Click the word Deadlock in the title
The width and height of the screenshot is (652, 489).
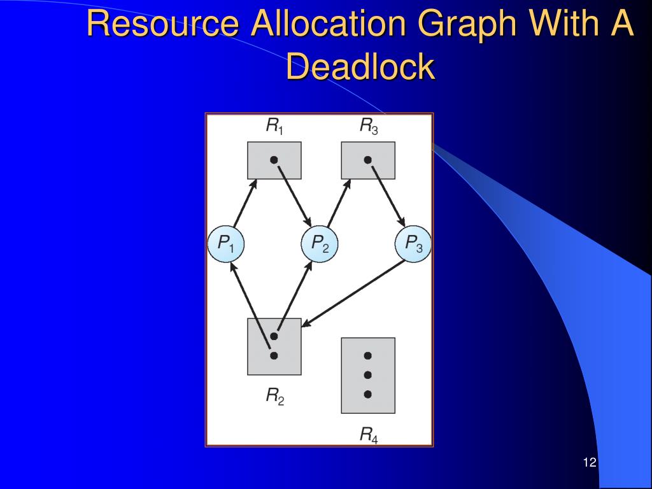pyautogui.click(x=360, y=66)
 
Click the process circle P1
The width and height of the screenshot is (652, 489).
pyautogui.click(x=225, y=243)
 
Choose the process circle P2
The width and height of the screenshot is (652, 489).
pyautogui.click(x=319, y=243)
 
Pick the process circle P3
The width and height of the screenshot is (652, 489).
pyautogui.click(x=413, y=243)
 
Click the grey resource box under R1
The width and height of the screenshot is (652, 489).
pyautogui.click(x=274, y=160)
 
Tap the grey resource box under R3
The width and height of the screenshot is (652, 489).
pyautogui.click(x=367, y=160)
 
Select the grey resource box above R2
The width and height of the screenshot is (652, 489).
pyautogui.click(x=274, y=346)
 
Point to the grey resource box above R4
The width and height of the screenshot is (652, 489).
pyautogui.click(x=367, y=375)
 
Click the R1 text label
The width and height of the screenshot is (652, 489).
pyautogui.click(x=274, y=127)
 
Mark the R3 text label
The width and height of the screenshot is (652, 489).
pyautogui.click(x=368, y=127)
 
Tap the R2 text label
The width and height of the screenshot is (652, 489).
pyautogui.click(x=274, y=397)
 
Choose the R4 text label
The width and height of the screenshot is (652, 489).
pyautogui.click(x=368, y=436)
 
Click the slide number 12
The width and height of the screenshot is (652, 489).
pyautogui.click(x=589, y=462)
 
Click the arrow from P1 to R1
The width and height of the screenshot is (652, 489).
pyautogui.click(x=245, y=203)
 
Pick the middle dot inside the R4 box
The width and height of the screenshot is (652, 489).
pyautogui.click(x=367, y=375)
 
